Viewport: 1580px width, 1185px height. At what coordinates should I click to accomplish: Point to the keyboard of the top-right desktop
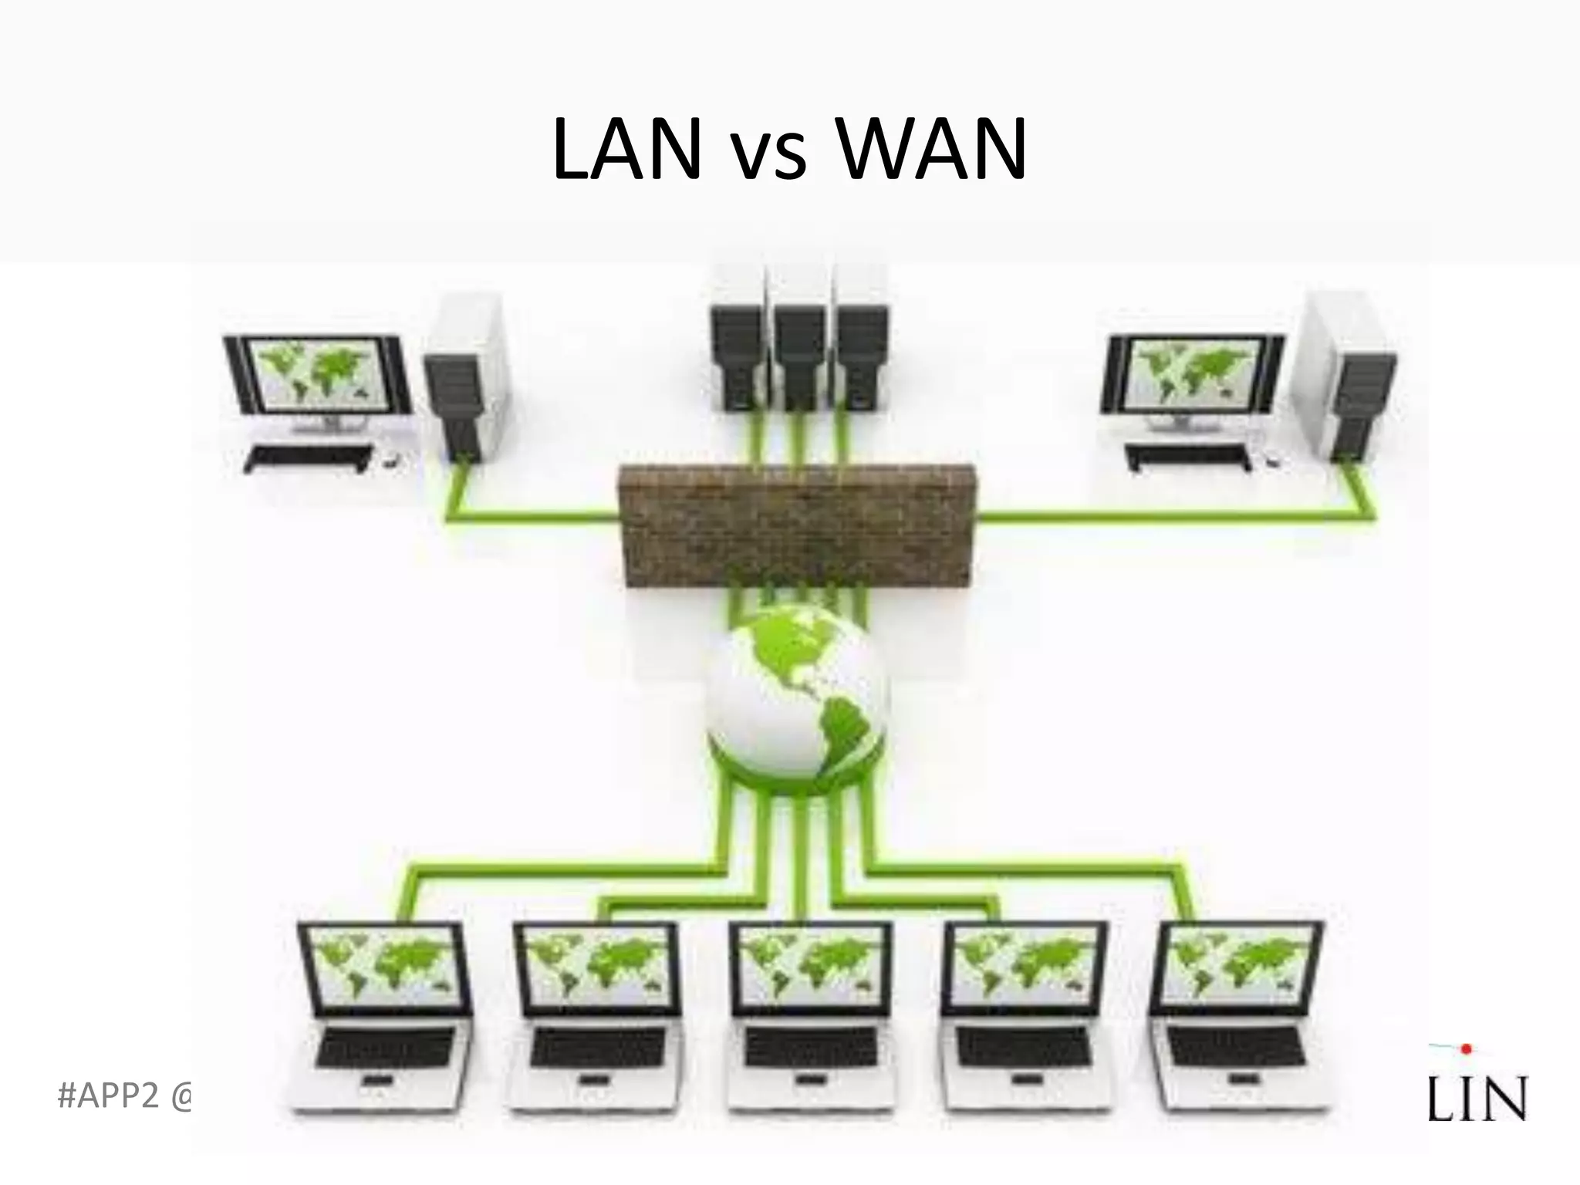click(x=1188, y=457)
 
